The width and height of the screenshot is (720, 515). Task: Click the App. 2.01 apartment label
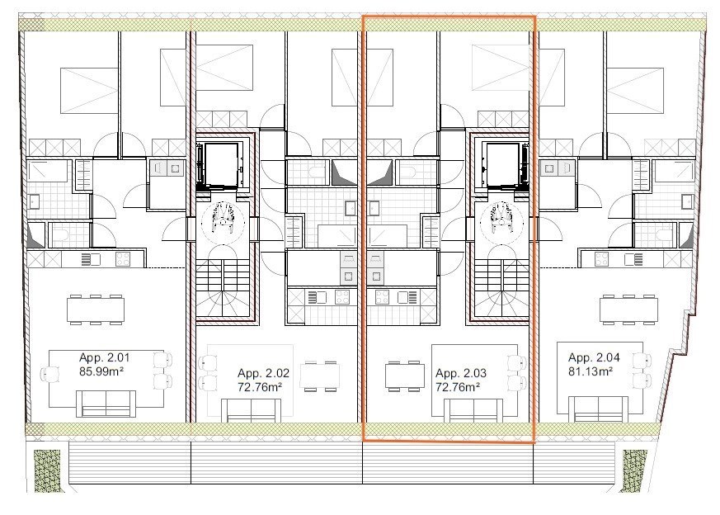(104, 357)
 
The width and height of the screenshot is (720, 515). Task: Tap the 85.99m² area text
(101, 371)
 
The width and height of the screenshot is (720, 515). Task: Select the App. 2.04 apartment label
(594, 357)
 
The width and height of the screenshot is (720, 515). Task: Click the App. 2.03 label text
(461, 373)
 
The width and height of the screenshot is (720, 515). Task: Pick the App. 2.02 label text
(263, 373)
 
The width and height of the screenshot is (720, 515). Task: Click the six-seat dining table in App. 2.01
(96, 309)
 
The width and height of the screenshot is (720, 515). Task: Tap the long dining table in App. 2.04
(628, 309)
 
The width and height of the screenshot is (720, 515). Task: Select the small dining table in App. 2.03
(404, 376)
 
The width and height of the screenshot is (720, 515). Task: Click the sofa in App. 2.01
(106, 404)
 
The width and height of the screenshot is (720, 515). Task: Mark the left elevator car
(221, 166)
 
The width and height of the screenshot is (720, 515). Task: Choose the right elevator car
(502, 166)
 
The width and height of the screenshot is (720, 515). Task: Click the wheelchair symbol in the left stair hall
(224, 216)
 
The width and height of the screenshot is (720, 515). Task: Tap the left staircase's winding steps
(224, 303)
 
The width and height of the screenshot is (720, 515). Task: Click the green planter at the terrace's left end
(47, 471)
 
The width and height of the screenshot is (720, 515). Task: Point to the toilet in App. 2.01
(64, 237)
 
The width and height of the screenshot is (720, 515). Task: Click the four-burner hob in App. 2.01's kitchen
(123, 259)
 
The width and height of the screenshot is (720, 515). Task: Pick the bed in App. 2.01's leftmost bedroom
(89, 91)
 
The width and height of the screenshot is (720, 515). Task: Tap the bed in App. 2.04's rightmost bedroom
(636, 91)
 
